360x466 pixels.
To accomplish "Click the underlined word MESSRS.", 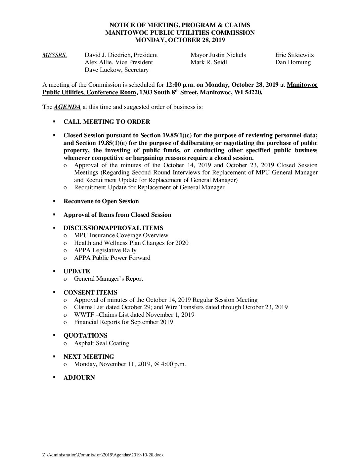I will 55,55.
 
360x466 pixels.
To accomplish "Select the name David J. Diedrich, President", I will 121,55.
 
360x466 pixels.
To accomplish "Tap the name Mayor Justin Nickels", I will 218,55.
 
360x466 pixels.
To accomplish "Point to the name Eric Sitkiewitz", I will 294,55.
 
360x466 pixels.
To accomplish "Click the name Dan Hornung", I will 293,62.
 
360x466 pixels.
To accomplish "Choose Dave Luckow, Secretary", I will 116,70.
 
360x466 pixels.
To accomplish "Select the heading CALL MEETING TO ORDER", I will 107,122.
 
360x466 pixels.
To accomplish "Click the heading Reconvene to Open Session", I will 101,201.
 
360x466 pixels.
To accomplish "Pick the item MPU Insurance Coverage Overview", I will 121,235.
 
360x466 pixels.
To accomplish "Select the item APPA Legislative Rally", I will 105,250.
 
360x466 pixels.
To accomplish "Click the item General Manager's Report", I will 109,279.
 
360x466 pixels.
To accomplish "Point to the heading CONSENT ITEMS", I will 90,293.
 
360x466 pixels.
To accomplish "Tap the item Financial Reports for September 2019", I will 123,322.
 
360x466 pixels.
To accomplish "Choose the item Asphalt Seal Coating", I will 102,343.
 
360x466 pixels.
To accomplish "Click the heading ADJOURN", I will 79,378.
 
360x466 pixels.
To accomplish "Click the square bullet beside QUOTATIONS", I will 54,336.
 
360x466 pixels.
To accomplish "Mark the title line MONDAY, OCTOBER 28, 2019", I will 180,40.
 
